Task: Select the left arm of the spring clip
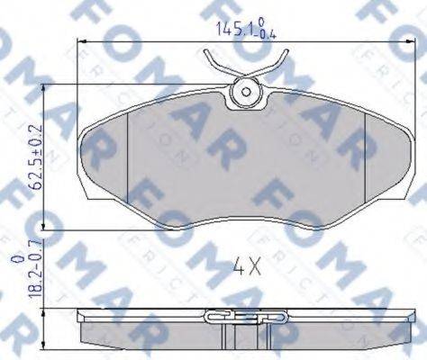215,64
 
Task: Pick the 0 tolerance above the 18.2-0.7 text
13,259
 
